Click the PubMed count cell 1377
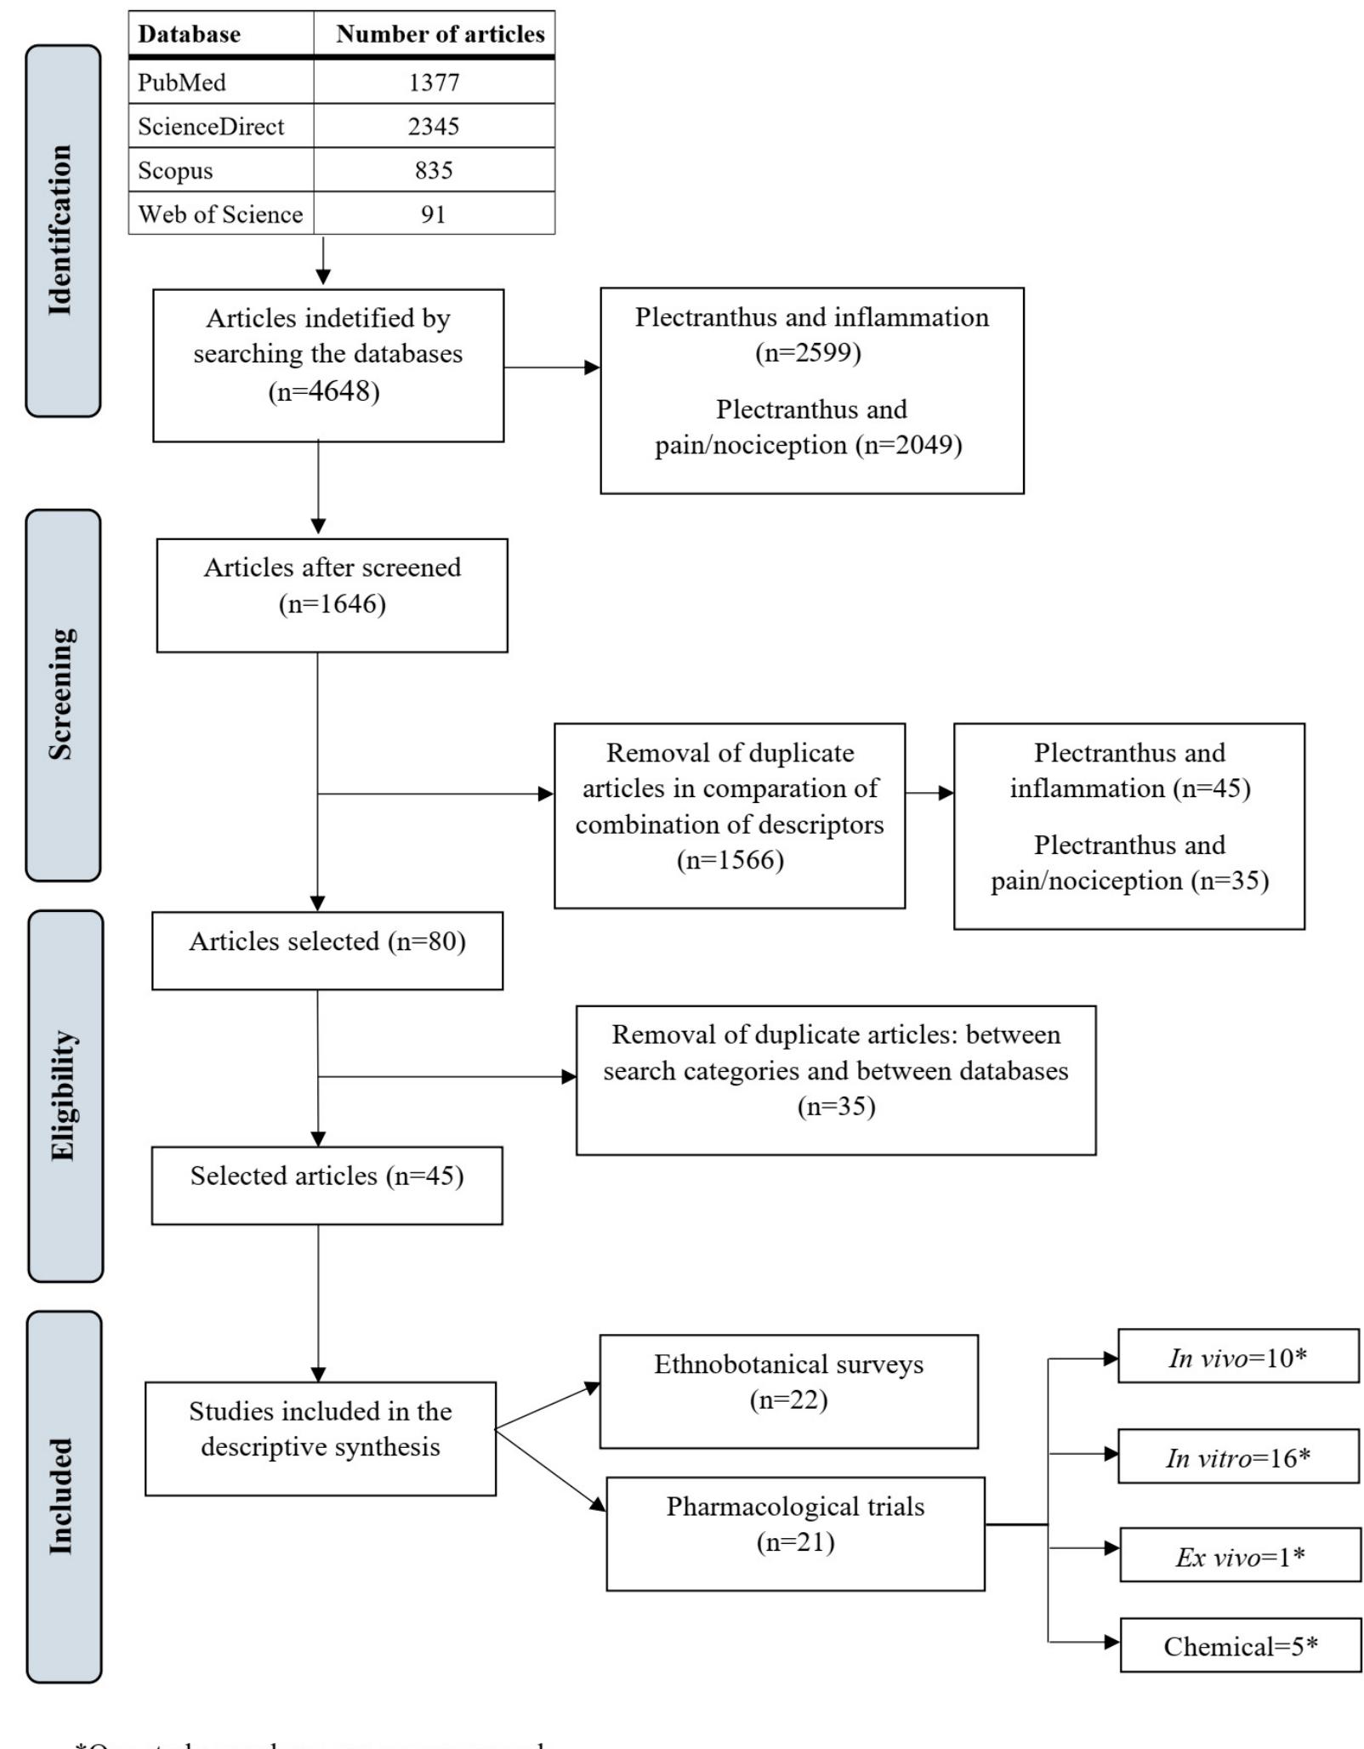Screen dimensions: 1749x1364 point(434,83)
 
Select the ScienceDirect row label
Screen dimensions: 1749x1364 point(211,127)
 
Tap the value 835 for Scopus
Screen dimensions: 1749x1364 point(434,170)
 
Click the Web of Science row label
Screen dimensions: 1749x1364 point(220,214)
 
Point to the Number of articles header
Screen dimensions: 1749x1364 point(440,34)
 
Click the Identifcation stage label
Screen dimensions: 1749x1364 point(62,231)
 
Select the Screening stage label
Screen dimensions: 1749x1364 point(62,694)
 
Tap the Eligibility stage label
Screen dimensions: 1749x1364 point(64,1095)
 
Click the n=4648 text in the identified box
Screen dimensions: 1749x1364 point(324,391)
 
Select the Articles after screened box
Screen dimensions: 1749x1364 point(332,595)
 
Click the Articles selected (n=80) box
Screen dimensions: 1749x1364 point(327,949)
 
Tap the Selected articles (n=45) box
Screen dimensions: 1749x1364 point(327,1184)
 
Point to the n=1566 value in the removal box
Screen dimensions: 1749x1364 point(730,860)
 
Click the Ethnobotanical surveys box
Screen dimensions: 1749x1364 point(788,1390)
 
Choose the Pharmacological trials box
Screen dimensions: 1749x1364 point(795,1533)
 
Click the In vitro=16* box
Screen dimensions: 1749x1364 point(1237,1458)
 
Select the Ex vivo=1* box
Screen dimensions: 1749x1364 point(1239,1557)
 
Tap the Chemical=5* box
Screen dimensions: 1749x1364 point(1240,1646)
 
